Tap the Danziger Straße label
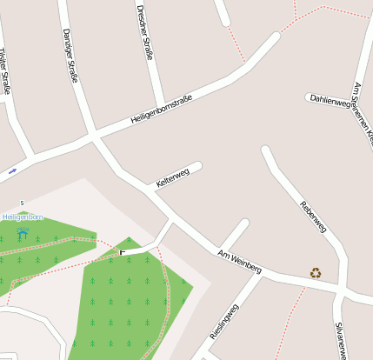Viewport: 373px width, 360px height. [70, 55]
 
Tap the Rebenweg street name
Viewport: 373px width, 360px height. [312, 217]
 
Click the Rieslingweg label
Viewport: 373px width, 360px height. [223, 322]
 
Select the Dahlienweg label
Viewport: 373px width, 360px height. [330, 101]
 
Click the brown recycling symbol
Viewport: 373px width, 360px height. [316, 273]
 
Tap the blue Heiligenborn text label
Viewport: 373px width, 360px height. [17, 217]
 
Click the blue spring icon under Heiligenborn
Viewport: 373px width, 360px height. [22, 233]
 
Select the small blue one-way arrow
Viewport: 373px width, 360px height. [12, 171]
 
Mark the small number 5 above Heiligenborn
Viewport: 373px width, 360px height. [22, 203]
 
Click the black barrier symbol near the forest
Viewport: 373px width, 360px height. [123, 252]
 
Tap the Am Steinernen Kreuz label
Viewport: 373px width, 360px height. [363, 113]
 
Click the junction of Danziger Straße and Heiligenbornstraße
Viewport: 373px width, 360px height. [92, 137]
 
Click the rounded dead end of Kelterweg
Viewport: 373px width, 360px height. [197, 166]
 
